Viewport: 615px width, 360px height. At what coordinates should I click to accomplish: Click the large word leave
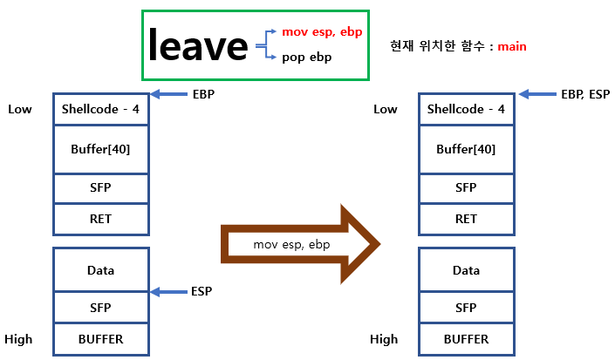198,45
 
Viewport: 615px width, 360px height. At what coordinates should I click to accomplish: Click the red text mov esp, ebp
322,31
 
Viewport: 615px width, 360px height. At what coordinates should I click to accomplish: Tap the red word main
512,45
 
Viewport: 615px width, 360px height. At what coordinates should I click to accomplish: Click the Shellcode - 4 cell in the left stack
100,109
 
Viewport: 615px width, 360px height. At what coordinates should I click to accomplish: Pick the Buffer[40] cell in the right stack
466,149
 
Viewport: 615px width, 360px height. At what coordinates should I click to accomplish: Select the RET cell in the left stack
100,219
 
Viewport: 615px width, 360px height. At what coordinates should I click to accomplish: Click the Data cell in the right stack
466,270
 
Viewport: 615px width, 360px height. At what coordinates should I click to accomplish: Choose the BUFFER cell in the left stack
100,338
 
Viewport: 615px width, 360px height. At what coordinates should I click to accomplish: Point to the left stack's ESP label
202,291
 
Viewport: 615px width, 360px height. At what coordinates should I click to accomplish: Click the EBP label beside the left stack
202,93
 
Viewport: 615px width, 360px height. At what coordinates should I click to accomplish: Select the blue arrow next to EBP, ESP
536,93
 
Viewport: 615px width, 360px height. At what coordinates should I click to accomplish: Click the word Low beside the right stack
385,109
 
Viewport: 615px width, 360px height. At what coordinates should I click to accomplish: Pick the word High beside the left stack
18,338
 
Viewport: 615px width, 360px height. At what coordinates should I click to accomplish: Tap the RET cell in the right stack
466,219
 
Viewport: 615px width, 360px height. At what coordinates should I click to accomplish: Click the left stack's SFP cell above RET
100,187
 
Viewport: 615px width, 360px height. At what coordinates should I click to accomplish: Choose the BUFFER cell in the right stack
466,338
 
